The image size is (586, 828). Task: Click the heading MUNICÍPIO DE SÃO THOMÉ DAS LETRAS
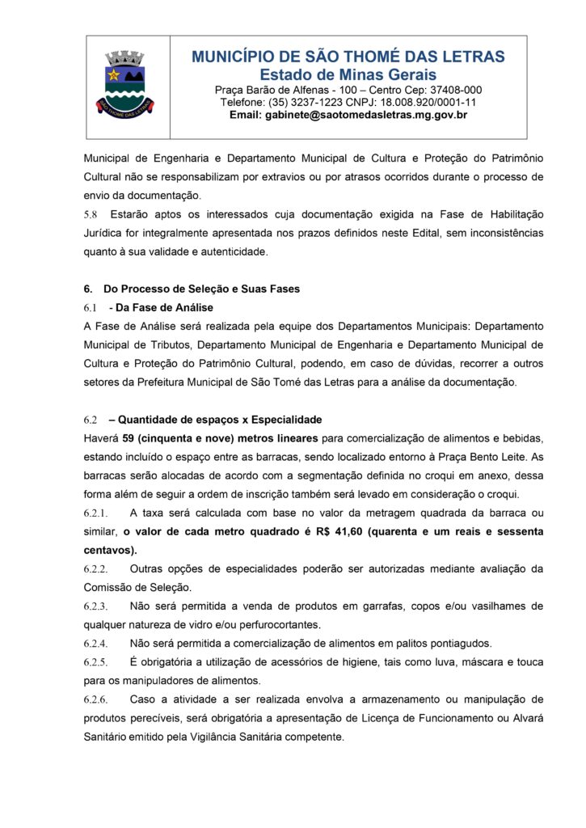(348, 57)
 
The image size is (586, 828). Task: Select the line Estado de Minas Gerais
(348, 74)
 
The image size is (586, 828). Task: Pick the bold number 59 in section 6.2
(129, 439)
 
